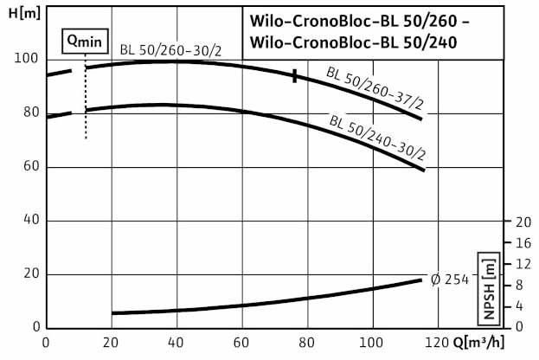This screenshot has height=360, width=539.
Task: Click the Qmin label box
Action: coord(85,40)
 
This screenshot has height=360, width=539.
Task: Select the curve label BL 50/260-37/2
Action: coord(375,92)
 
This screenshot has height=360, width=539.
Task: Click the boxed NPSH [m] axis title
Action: coord(489,275)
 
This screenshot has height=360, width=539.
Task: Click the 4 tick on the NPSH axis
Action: coord(519,306)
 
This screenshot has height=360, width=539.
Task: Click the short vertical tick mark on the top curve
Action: coord(295,76)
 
